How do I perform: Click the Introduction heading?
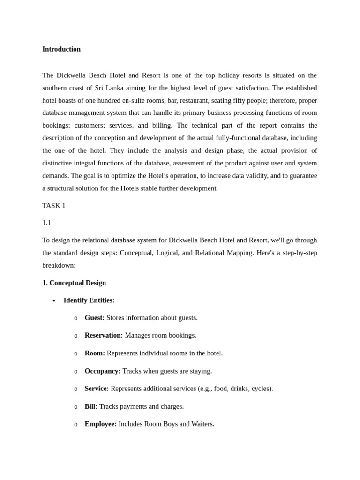tap(61, 49)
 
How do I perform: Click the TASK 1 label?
tap(54, 206)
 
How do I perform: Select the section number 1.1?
tap(47, 223)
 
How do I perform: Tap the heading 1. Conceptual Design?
tap(74, 283)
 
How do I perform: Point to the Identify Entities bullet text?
tap(89, 300)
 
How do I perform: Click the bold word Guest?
tap(95, 318)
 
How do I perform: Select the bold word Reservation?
tap(104, 335)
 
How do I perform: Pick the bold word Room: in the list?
tap(95, 353)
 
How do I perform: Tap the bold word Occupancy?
tap(103, 371)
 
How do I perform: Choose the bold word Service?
tap(97, 389)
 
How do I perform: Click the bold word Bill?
tap(91, 406)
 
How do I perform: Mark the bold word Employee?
tap(101, 424)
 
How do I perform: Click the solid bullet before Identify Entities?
tap(54, 300)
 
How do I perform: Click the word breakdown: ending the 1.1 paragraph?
tap(59, 265)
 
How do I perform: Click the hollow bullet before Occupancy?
tap(76, 371)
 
